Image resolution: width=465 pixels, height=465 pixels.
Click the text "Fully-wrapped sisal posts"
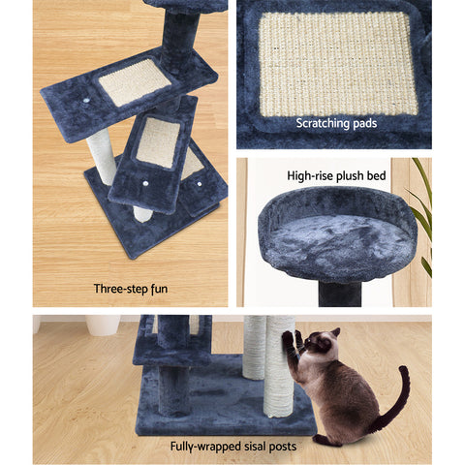pos(232,447)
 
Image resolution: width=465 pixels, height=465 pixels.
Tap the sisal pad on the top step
pos(136,82)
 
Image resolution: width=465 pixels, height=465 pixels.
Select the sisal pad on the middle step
pos(157,141)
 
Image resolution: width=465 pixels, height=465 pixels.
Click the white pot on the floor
pos(102,324)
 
